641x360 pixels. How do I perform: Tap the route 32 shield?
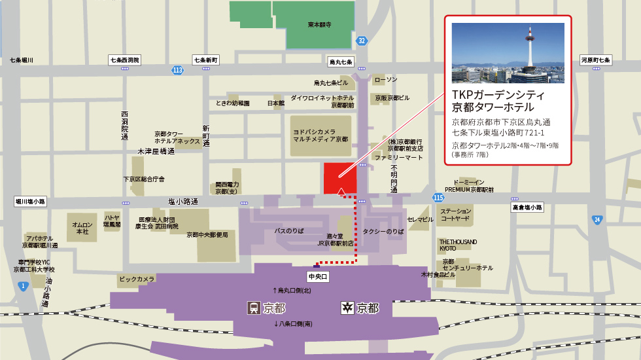point(362,41)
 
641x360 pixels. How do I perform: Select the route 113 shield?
point(178,69)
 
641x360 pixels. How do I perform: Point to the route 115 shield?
point(438,197)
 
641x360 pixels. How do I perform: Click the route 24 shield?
point(597,219)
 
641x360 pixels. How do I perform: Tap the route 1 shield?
point(23,285)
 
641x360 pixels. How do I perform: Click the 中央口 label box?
point(317,277)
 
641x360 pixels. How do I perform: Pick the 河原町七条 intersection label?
point(595,60)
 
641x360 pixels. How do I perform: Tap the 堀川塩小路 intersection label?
point(31,202)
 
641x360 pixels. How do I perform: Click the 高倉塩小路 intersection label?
point(527,207)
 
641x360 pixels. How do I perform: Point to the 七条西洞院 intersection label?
point(125,60)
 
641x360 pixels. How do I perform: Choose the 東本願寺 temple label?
point(319,25)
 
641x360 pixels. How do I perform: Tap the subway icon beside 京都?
point(347,308)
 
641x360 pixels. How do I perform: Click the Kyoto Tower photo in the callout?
point(508,53)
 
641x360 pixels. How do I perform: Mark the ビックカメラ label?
point(137,279)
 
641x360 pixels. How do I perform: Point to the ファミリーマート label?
point(399,158)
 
